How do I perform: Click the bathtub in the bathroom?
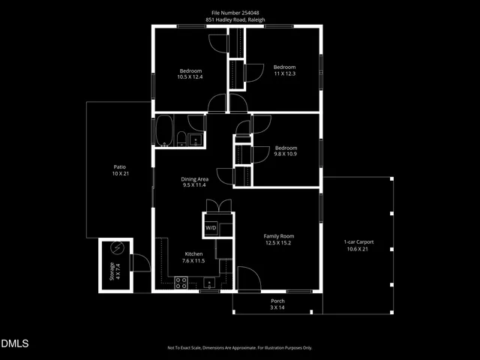tap(163, 131)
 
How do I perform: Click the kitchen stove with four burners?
tap(181, 283)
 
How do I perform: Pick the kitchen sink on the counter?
tap(209, 283)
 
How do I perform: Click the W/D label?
tap(211, 227)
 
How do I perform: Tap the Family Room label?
tap(277, 236)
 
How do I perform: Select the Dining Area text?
tap(194, 179)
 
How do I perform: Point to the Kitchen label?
tap(193, 254)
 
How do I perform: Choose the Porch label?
tap(277, 301)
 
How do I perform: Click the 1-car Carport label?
tap(358, 242)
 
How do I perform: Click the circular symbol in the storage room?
tap(117, 248)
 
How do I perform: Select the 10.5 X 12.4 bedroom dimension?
tap(190, 76)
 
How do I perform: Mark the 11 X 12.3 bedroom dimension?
tap(284, 73)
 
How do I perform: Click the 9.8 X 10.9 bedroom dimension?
tap(285, 154)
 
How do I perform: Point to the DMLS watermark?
tap(15, 344)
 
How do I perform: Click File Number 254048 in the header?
tap(239, 12)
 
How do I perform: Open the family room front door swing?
tap(247, 279)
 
